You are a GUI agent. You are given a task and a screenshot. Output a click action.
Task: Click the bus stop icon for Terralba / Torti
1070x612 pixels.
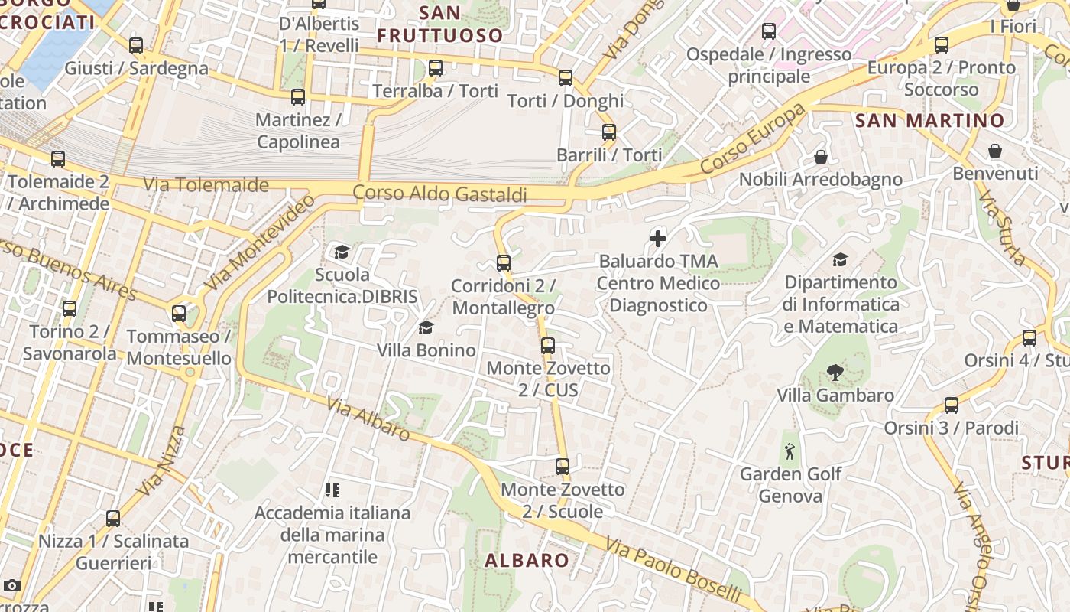pyautogui.click(x=436, y=68)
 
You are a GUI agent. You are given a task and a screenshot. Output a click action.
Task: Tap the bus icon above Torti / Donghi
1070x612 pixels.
pyautogui.click(x=566, y=78)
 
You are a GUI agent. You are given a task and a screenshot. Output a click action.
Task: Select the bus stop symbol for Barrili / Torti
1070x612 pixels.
pyautogui.click(x=609, y=132)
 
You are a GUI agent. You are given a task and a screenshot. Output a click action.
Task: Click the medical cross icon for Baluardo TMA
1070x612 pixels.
pyautogui.click(x=658, y=239)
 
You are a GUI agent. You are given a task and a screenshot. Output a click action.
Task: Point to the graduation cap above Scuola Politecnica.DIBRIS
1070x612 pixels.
pyautogui.click(x=342, y=252)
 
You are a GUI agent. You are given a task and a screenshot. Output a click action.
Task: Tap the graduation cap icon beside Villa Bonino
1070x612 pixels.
pyautogui.click(x=426, y=328)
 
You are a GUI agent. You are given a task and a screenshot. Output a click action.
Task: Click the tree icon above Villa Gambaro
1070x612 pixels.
pyautogui.click(x=835, y=373)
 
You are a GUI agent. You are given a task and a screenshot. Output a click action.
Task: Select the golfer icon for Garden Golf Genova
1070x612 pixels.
pyautogui.click(x=790, y=451)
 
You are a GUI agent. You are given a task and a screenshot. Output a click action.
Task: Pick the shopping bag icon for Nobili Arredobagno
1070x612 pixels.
pyautogui.click(x=821, y=157)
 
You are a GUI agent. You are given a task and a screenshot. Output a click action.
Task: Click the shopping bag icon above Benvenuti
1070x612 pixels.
pyautogui.click(x=995, y=151)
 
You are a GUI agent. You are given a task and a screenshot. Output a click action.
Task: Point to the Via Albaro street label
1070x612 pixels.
pyautogui.click(x=368, y=418)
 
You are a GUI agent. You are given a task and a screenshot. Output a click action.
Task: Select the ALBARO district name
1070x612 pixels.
pyautogui.click(x=527, y=560)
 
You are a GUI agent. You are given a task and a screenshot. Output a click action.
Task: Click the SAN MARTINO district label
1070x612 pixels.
pyautogui.click(x=929, y=120)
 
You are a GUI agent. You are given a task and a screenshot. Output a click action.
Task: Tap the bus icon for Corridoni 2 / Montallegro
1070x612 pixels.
pyautogui.click(x=504, y=263)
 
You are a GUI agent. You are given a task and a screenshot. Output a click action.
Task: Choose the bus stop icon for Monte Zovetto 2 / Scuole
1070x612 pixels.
pyautogui.click(x=563, y=467)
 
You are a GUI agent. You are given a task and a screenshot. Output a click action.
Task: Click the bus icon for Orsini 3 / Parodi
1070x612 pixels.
pyautogui.click(x=952, y=405)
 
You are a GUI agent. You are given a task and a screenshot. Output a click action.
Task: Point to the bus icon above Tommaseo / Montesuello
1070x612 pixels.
pyautogui.click(x=179, y=314)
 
